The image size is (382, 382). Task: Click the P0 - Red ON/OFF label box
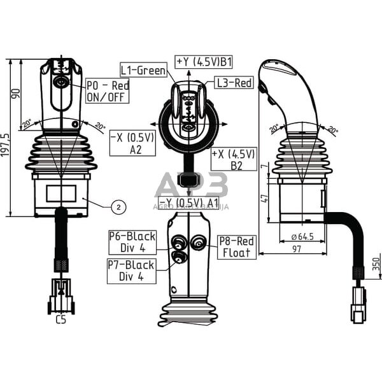coord(108,92)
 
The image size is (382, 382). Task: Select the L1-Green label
coord(144,69)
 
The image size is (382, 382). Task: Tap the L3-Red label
coord(234,82)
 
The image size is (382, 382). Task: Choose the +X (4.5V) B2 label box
coord(234,160)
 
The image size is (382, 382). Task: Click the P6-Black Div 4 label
coord(133,242)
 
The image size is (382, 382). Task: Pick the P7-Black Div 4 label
coord(133,271)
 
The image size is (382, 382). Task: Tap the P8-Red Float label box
coord(237,246)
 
